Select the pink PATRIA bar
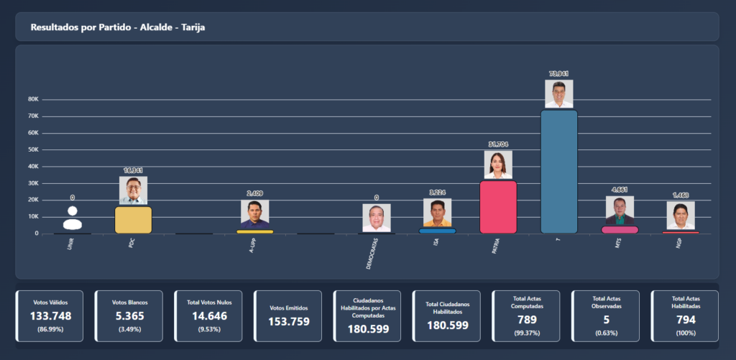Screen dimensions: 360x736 (498, 207)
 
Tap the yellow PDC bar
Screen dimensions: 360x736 (133, 220)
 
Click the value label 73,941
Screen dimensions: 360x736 (559, 74)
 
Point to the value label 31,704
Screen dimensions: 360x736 (498, 144)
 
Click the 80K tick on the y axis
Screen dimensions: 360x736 (33, 99)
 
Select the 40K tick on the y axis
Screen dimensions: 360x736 (33, 166)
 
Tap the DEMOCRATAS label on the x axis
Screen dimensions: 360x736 (371, 251)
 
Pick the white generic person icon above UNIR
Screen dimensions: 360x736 (72, 218)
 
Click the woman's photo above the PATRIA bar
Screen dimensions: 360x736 (498, 165)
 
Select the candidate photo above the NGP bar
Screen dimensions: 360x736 (680, 216)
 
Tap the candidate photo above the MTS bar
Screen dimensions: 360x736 (620, 211)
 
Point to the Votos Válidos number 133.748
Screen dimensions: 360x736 (51, 316)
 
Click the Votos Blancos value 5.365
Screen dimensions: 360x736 (130, 316)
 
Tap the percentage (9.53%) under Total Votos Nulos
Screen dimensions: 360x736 (210, 329)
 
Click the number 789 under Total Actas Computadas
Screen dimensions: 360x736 (527, 319)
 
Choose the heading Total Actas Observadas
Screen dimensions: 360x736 (606, 302)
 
